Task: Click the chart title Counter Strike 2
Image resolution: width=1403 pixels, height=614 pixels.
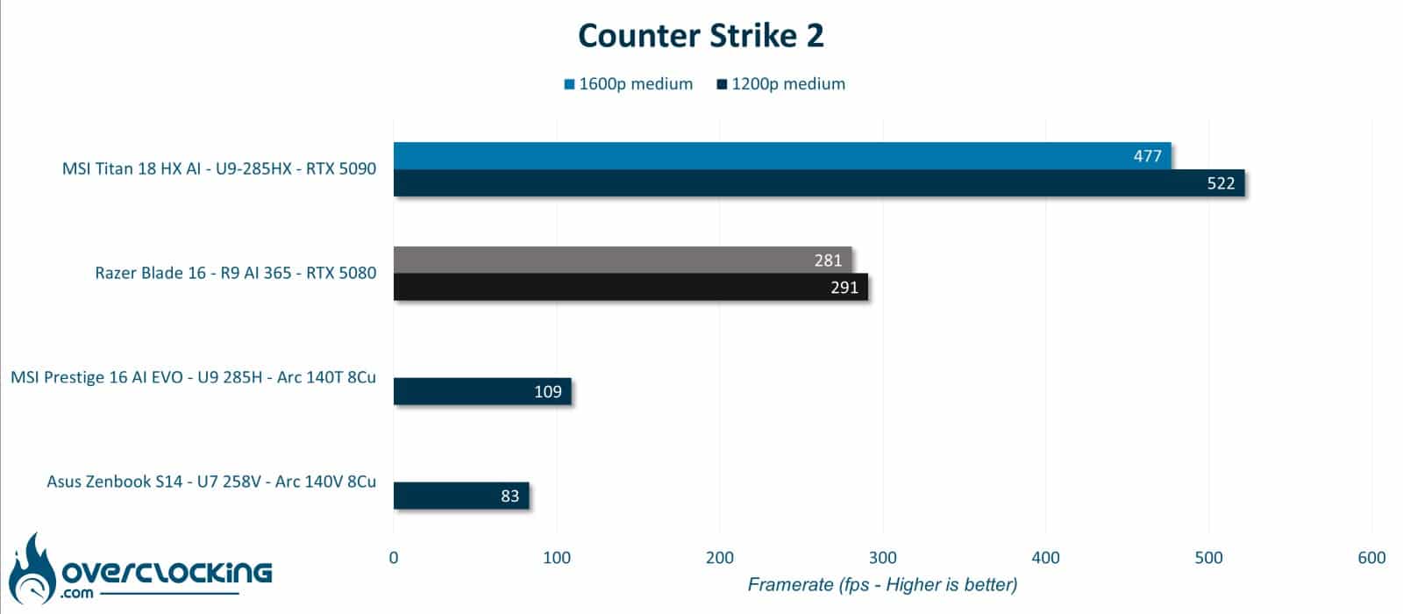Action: click(701, 36)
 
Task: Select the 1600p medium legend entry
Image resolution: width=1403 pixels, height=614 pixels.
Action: click(628, 84)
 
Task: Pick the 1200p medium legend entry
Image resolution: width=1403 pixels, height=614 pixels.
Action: click(781, 84)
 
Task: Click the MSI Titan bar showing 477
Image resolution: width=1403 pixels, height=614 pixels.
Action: click(782, 156)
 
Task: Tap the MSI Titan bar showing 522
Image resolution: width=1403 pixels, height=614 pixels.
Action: click(819, 183)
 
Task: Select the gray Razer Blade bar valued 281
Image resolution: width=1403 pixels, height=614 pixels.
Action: click(623, 260)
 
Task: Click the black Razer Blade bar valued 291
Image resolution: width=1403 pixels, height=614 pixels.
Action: click(630, 287)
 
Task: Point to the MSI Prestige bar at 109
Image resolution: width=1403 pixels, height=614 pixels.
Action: click(482, 391)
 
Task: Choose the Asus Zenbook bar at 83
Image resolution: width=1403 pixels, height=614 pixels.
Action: click(461, 496)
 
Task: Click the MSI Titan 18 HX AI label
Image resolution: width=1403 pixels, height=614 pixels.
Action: click(219, 168)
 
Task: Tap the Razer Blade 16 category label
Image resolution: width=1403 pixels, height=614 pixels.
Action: click(236, 273)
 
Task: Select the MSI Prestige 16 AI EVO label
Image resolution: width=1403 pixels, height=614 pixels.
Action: click(194, 377)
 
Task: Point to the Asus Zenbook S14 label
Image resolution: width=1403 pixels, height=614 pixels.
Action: click(211, 482)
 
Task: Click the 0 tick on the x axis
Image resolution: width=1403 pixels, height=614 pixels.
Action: click(394, 558)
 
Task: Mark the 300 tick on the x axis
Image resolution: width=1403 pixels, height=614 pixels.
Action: click(882, 558)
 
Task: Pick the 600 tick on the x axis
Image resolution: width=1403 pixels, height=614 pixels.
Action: click(1371, 558)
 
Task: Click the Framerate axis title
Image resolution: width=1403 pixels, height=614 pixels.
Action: click(882, 584)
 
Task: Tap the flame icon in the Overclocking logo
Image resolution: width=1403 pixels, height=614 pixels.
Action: click(32, 569)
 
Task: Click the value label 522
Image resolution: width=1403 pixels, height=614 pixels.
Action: click(1221, 183)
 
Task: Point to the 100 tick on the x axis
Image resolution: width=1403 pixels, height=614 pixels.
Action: click(557, 558)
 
